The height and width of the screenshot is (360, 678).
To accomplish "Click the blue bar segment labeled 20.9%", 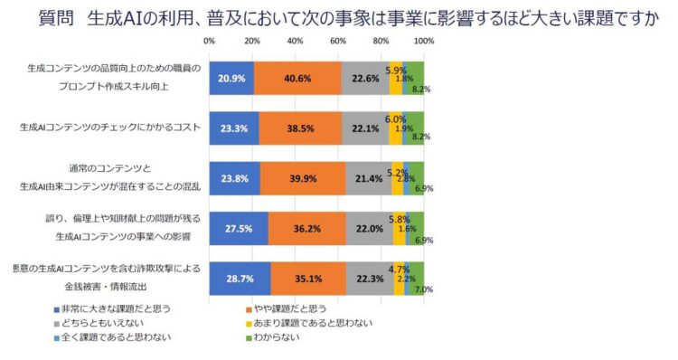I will (x=231, y=78).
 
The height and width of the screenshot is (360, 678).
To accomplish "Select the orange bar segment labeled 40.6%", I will (x=297, y=78).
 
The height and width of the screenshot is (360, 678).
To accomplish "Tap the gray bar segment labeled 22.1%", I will (x=364, y=128).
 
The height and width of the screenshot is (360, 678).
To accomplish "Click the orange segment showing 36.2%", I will (x=306, y=228).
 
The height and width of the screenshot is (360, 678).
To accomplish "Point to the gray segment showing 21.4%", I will (x=369, y=178).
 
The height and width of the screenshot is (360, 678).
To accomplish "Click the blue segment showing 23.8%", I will (x=234, y=178).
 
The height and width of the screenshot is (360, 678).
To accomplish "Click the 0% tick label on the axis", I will (x=210, y=42).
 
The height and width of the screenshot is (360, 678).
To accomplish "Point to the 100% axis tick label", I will (x=423, y=42).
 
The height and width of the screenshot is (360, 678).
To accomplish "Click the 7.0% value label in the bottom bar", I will (x=421, y=290).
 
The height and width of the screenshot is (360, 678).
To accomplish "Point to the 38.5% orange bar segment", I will (x=301, y=128).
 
